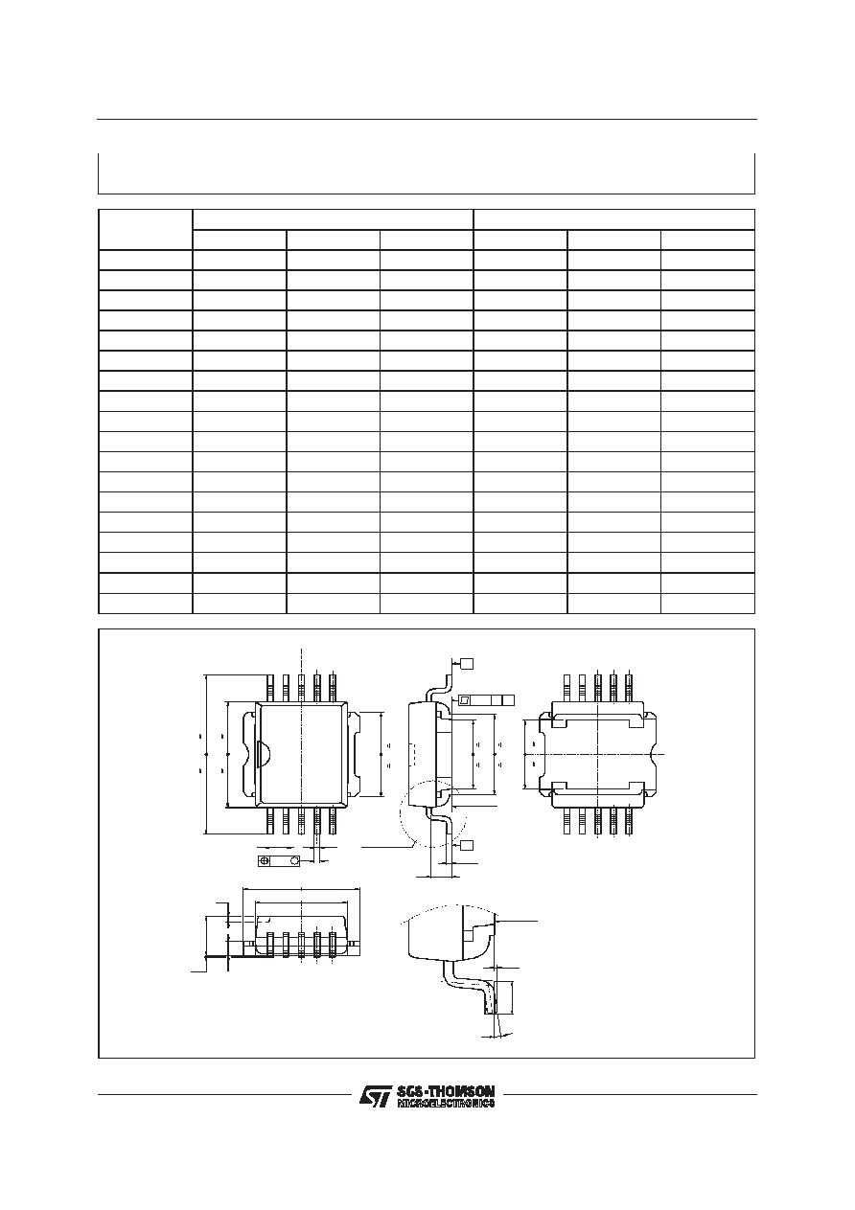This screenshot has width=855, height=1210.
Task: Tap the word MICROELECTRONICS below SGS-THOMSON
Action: tap(446, 1103)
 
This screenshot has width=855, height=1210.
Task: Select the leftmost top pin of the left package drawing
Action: tap(270, 688)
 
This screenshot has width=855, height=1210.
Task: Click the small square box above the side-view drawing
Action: tap(467, 663)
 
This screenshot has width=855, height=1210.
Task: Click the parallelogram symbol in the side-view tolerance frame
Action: tap(464, 700)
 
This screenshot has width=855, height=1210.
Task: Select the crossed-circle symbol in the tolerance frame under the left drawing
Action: tap(265, 860)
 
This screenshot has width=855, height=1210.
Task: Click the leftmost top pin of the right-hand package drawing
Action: tap(566, 688)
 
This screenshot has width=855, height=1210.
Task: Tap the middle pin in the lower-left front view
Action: tap(302, 947)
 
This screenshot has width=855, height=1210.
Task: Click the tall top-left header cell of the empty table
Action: tap(146, 229)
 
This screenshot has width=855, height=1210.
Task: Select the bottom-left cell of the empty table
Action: tap(146, 604)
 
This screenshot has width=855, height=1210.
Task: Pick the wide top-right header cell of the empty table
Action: tap(614, 219)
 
